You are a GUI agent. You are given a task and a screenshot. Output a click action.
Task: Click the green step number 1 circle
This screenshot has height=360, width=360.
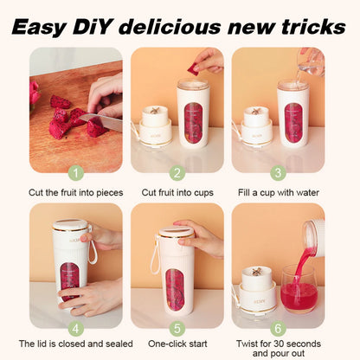pos(75,173)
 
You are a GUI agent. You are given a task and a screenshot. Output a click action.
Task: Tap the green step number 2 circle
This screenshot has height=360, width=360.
pos(177,173)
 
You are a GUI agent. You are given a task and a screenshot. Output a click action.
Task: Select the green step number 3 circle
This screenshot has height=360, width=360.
pos(279,173)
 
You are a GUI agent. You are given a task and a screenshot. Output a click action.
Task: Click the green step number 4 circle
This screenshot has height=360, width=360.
pos(75,329)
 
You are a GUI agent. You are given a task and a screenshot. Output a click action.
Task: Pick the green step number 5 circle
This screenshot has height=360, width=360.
pos(177,329)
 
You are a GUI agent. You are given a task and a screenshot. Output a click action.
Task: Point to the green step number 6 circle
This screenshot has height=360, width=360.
pos(279,329)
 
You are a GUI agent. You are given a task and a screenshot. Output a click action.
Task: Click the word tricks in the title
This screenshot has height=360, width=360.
pos(304,25)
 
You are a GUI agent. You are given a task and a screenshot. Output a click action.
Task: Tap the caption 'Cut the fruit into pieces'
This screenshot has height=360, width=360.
pos(75,192)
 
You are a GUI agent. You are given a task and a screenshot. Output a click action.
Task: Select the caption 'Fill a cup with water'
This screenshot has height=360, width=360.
pos(279,192)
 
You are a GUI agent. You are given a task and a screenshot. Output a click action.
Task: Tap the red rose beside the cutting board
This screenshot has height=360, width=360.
pos(35,92)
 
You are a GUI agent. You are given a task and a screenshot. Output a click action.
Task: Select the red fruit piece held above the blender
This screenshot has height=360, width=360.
pos(192,67)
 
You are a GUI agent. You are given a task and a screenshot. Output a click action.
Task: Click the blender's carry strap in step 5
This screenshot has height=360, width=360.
pos(155,260)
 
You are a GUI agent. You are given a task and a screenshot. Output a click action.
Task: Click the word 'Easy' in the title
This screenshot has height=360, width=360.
pos(54,25)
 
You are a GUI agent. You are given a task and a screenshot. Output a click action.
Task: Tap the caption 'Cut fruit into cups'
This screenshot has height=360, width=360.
pos(177,192)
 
